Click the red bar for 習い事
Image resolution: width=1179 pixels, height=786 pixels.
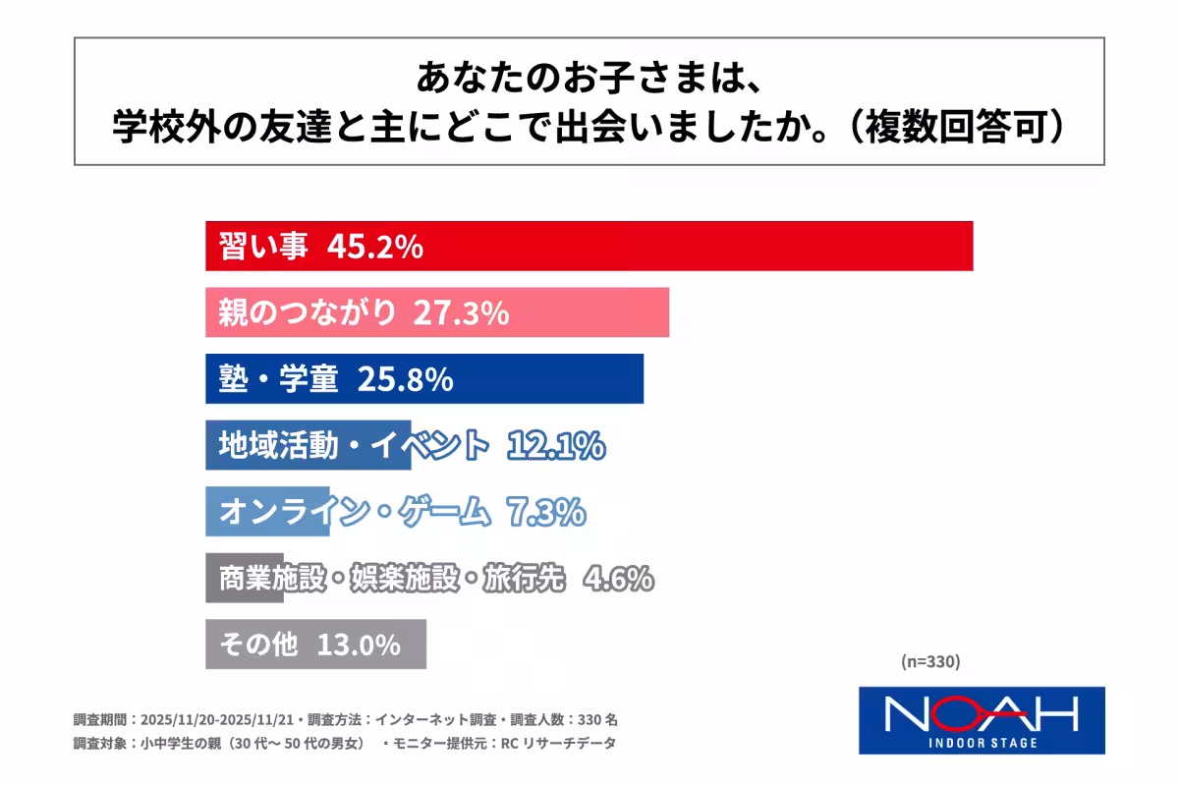688,246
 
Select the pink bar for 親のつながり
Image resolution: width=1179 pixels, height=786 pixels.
589,312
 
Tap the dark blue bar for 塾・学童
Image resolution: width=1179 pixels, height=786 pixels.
550,379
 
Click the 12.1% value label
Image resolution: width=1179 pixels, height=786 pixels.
556,446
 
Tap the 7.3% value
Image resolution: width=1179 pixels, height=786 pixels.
545,512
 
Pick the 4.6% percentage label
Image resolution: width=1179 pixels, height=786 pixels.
618,579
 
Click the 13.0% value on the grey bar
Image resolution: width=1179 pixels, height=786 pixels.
359,646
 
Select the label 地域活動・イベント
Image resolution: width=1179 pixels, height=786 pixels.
353,446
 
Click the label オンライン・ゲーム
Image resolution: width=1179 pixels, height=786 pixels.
353,512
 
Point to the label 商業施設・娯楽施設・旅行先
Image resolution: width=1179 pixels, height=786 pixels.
392,579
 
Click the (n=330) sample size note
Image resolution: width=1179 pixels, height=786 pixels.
929,661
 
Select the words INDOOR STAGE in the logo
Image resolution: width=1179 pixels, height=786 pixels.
982,743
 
